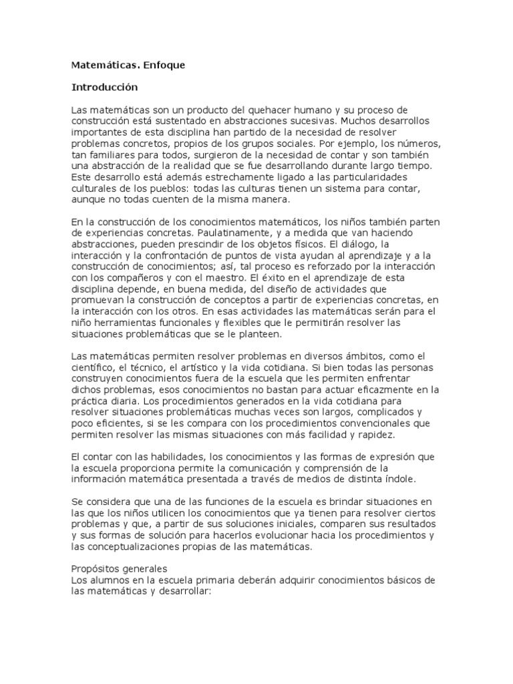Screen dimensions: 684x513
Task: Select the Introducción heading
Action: click(x=104, y=88)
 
